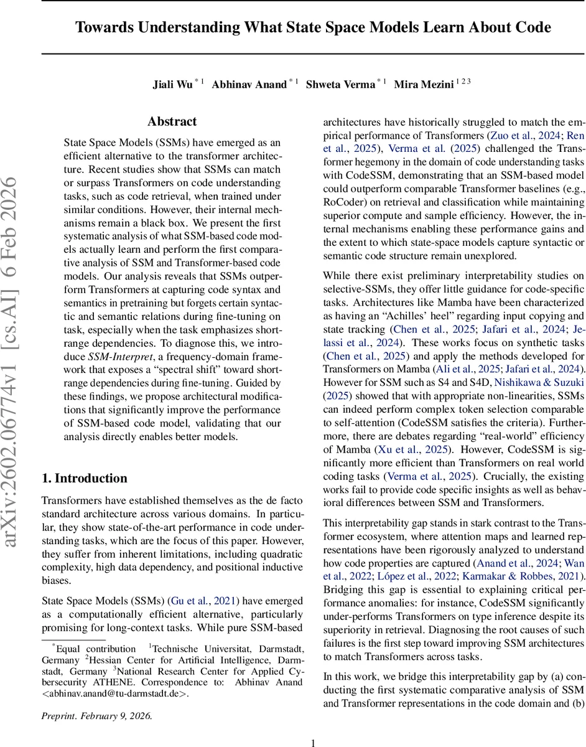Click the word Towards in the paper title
point(101,27)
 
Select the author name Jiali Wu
point(173,84)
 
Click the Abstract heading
point(172,121)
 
